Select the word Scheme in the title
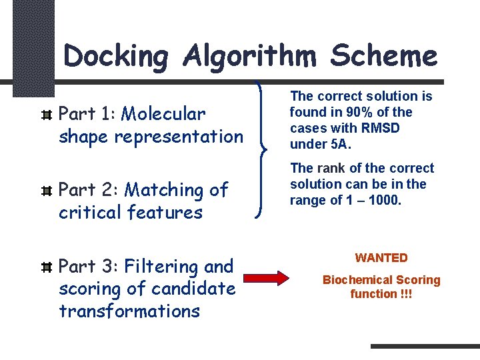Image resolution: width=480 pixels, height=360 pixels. [385, 56]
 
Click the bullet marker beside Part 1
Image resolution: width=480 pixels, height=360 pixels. [46, 115]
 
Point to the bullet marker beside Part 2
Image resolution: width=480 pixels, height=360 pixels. [46, 191]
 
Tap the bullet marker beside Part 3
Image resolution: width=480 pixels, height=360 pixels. [46, 267]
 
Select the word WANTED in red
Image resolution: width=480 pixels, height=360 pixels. [381, 258]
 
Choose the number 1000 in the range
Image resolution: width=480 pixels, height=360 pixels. [385, 200]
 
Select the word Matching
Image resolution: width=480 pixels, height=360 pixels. [165, 190]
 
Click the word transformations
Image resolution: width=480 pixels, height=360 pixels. [129, 311]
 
